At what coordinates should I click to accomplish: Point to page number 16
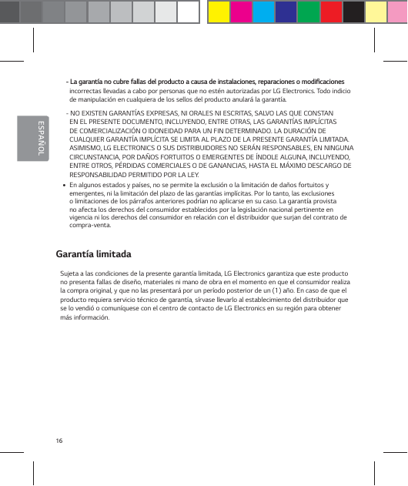pos(59,441)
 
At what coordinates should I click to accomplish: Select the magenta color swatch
pos(242,12)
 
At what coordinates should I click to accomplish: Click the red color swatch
pos(331,12)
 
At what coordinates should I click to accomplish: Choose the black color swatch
pos(353,12)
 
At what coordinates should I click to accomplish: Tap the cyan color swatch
pos(264,12)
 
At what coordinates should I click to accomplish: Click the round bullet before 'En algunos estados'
pos(62,186)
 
